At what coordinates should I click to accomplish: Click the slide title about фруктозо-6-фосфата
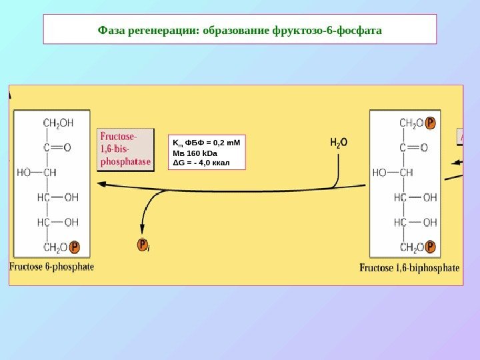(240, 30)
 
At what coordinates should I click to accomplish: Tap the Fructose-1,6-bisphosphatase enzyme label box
(125, 149)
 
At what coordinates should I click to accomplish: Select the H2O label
(338, 142)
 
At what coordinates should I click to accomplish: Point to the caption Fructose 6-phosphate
(52, 267)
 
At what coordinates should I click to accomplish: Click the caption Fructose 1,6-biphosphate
(409, 268)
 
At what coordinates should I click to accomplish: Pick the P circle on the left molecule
(75, 247)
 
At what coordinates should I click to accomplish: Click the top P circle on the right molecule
(431, 123)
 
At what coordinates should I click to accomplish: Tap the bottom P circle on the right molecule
(431, 247)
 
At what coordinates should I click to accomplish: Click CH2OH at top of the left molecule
(58, 123)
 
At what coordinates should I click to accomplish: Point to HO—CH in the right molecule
(393, 172)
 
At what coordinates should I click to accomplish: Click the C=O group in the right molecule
(413, 147)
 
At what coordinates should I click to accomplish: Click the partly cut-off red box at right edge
(460, 136)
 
